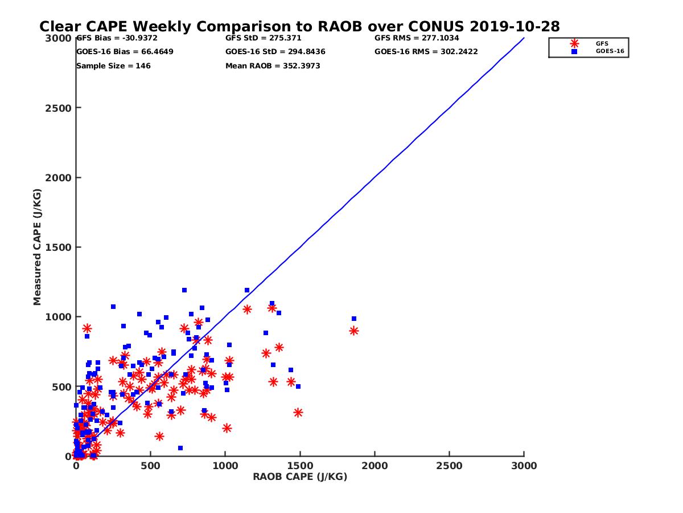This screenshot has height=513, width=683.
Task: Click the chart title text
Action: pos(299,26)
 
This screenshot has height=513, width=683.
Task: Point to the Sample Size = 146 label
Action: pos(113,66)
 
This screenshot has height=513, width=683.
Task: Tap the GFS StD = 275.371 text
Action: pos(263,38)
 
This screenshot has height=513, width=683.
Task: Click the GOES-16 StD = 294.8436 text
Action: pos(275,51)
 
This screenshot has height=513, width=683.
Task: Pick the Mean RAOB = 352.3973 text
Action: pos(273,66)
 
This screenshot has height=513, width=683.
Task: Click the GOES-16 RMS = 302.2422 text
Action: pos(426,51)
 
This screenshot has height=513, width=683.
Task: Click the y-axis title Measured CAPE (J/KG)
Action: pos(37,247)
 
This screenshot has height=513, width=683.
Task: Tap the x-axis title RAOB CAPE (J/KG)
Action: pos(300,477)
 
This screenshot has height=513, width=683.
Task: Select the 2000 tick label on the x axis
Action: pos(375,466)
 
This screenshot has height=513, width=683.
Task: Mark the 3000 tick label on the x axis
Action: pos(524,466)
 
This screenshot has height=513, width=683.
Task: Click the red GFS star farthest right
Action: pos(354,331)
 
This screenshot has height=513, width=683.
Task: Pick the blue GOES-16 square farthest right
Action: pos(354,319)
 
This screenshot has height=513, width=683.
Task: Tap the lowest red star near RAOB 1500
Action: pos(298,413)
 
